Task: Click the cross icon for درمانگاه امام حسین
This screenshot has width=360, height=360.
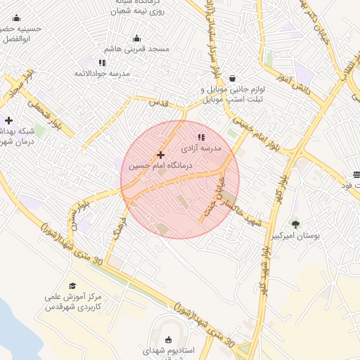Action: click(x=161, y=154)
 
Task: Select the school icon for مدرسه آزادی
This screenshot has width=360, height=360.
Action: click(x=201, y=137)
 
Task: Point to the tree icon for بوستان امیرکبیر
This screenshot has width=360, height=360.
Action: click(x=295, y=224)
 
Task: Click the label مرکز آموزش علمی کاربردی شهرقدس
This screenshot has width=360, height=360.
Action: click(x=74, y=302)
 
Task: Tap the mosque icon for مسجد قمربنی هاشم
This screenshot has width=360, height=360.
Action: click(x=136, y=37)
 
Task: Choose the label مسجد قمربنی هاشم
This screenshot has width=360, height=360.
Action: click(x=137, y=49)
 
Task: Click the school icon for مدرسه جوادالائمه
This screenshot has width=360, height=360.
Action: click(x=103, y=63)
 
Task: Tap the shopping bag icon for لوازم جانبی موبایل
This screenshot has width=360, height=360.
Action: click(x=232, y=79)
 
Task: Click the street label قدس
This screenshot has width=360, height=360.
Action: click(x=160, y=103)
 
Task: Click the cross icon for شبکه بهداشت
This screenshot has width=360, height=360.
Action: click(x=8, y=120)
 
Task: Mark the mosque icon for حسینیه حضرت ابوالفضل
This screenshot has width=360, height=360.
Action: click(x=17, y=18)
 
